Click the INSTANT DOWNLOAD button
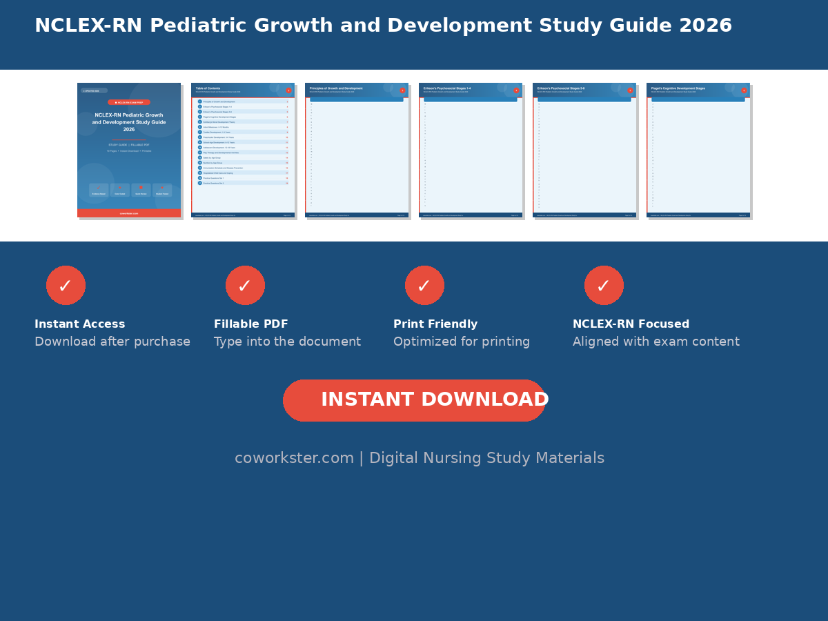coord(414,400)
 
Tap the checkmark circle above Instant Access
coord(66,285)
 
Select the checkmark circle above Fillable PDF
coord(245,285)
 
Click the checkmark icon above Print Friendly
coord(424,285)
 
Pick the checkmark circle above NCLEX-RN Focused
coord(604,285)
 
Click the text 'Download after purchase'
coord(112,342)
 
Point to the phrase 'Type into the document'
coord(287,342)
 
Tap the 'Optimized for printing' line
coord(462,342)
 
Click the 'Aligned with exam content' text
coord(655,342)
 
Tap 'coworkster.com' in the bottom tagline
coord(294,458)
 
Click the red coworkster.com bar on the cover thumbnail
coord(129,213)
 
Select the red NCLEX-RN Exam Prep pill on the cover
coord(129,102)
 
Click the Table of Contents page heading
coord(208,88)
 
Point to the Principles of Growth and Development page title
coord(336,88)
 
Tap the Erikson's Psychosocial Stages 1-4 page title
coord(447,88)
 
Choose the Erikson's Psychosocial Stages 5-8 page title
coord(561,88)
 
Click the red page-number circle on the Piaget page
coord(744,90)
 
